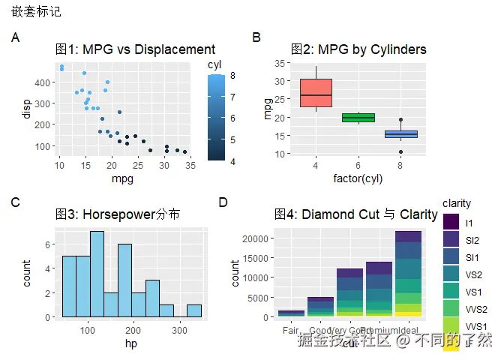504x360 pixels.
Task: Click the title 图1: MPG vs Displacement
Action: (136, 49)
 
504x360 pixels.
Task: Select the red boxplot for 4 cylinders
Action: (316, 93)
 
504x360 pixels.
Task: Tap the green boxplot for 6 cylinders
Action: (358, 118)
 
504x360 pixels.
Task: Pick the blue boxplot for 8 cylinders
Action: (401, 134)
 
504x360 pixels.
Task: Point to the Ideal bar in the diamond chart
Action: (409, 274)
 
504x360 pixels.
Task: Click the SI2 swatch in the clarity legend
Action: (451, 240)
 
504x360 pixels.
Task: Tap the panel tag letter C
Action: (15, 202)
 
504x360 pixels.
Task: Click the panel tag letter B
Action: (256, 37)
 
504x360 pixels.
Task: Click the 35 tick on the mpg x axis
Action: (190, 165)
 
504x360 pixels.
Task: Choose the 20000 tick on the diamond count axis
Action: (258, 238)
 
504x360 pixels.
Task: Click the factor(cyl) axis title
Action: (358, 178)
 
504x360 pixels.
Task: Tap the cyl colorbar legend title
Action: (214, 64)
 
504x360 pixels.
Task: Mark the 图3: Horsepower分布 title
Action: (118, 214)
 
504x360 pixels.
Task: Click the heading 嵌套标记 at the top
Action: (36, 12)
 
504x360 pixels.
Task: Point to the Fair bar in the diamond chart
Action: (291, 313)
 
